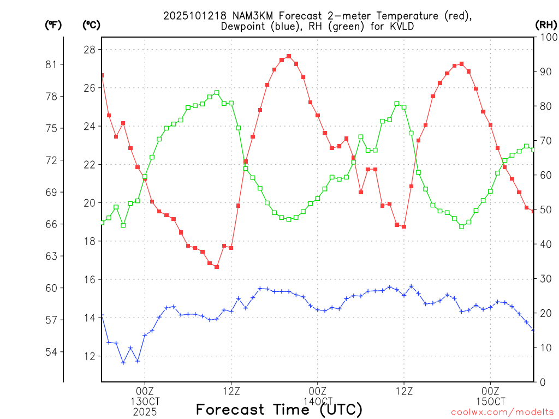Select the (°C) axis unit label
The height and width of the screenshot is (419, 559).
pos(91,25)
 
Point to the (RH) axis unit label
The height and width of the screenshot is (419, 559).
pos(546,25)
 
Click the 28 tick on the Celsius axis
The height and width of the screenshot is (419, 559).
pos(89,50)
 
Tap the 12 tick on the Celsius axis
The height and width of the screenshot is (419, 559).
pos(89,356)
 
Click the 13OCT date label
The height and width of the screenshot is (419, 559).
pos(144,401)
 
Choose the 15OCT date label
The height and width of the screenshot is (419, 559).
pos(490,401)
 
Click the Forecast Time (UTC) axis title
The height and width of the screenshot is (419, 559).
pos(279,409)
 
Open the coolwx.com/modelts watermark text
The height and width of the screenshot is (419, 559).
pos(502,412)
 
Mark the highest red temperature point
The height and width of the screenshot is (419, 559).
pos(289,56)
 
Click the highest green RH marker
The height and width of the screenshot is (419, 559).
pos(217,93)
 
